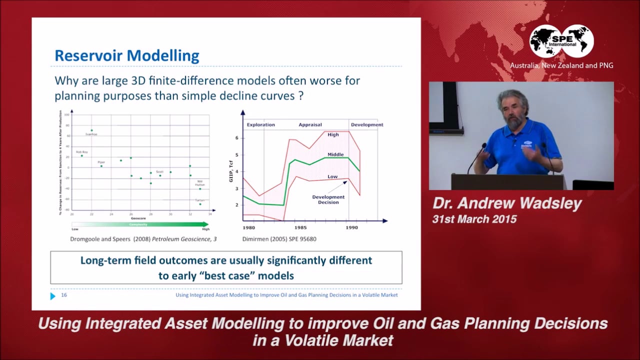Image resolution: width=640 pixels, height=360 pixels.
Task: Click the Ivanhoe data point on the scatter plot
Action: coord(91,130)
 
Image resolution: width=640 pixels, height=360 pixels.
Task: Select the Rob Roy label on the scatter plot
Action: coord(81,152)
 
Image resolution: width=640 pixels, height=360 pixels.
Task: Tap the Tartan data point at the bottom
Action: coord(200,204)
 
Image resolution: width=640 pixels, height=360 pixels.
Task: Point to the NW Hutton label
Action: coord(200,183)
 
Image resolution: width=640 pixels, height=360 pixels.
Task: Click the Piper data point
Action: coord(101,166)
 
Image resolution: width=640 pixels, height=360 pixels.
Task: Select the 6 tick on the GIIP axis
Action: coord(236,138)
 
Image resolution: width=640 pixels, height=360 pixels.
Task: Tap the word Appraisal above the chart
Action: coord(310,124)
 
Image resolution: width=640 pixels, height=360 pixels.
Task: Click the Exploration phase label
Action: coord(260,124)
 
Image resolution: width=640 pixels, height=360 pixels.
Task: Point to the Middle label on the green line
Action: coord(335,154)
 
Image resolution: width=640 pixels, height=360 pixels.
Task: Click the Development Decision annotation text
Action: coord(328,199)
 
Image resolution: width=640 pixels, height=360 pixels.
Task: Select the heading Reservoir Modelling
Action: coord(126,55)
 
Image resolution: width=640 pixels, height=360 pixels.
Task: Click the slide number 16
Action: coord(64,295)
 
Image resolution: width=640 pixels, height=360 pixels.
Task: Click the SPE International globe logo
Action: coord(561,41)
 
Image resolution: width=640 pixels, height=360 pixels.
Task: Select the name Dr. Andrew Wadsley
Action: coord(507,203)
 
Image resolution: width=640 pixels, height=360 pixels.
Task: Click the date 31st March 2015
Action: coord(474,219)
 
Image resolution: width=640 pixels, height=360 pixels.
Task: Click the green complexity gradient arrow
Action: coord(140,224)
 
